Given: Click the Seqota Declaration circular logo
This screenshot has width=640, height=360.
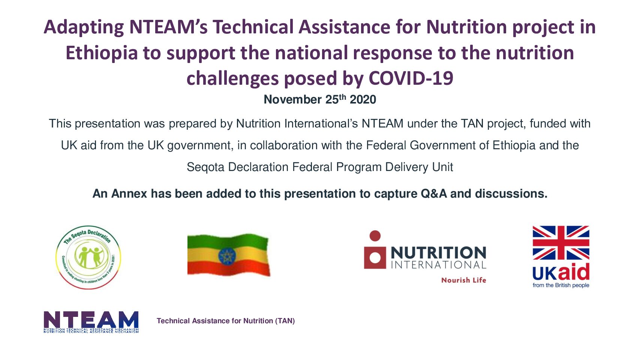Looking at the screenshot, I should [x=88, y=257].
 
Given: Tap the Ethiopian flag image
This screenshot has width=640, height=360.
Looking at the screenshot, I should [x=228, y=255].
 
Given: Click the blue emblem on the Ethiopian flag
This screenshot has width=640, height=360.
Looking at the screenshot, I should [x=226, y=256].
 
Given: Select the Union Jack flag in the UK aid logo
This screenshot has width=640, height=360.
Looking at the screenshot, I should [x=561, y=243].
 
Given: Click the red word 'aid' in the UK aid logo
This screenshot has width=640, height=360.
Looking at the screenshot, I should [x=574, y=272].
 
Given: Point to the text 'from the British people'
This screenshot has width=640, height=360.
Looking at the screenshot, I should [x=561, y=285].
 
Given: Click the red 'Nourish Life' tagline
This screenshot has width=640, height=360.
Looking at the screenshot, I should [x=463, y=280].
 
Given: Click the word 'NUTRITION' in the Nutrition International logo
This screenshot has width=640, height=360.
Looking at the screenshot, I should [x=438, y=253].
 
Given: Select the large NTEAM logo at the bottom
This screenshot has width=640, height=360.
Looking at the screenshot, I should [x=91, y=321].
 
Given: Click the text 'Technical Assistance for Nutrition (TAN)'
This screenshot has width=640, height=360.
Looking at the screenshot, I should [x=226, y=321].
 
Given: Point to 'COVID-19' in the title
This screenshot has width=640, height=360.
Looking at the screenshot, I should [x=411, y=78].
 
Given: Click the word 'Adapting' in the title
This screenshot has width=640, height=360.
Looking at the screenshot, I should [x=84, y=28].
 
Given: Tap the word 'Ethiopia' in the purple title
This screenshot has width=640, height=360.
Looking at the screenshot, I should [x=102, y=53].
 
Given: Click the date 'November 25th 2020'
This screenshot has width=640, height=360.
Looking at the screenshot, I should [x=320, y=99].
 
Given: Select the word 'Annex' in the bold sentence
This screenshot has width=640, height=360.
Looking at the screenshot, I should [x=129, y=193].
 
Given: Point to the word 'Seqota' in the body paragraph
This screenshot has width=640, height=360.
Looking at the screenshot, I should [x=205, y=167].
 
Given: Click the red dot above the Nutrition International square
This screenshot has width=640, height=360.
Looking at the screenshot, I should [x=375, y=235].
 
